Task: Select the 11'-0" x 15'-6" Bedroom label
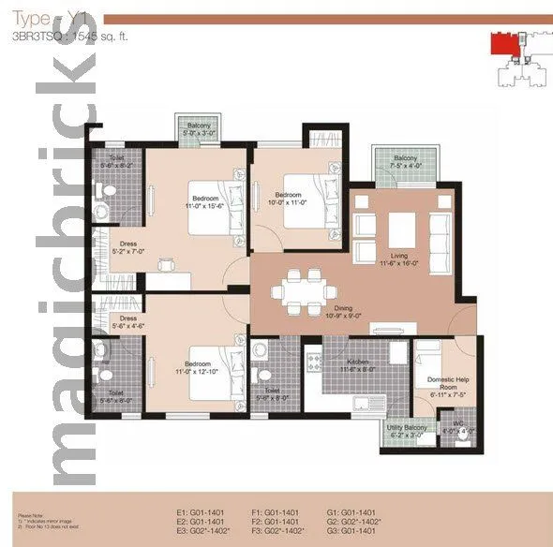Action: pyautogui.click(x=205, y=202)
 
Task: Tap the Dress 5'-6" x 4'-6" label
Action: pyautogui.click(x=128, y=322)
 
